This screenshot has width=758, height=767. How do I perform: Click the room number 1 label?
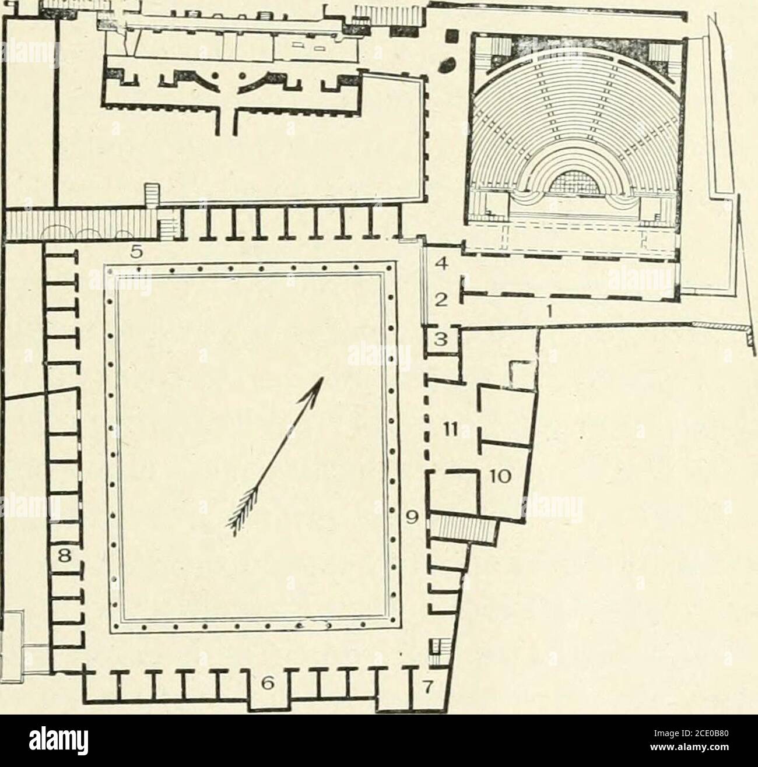point(549,312)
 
